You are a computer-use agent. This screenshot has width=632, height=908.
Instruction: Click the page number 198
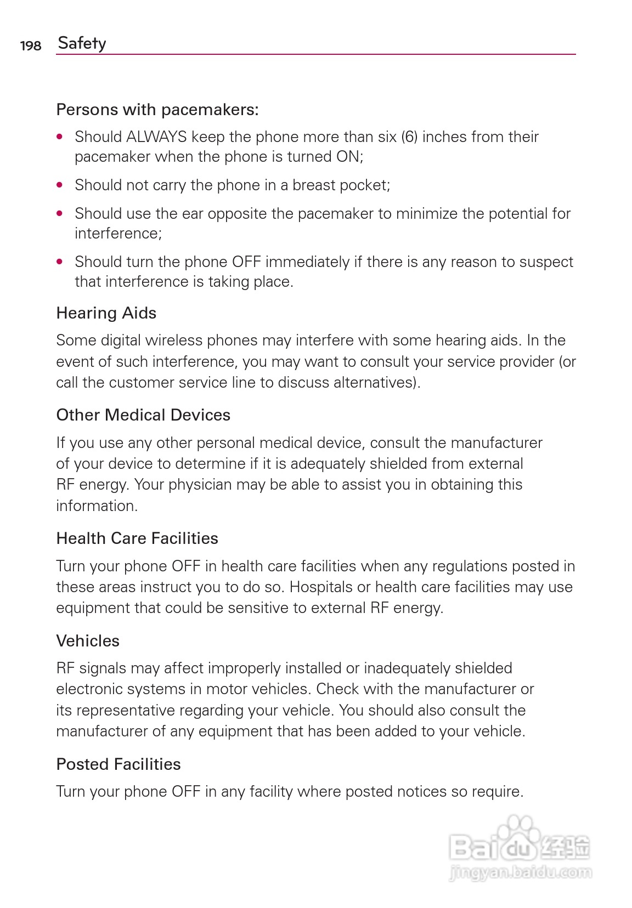pos(31,46)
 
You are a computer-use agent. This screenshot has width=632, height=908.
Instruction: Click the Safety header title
pos(82,43)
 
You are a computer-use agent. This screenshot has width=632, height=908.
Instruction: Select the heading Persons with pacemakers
pos(157,110)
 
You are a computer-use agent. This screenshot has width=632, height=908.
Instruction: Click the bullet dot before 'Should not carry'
pos(60,185)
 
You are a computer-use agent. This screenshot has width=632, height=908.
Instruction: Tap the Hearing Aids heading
pos(106,313)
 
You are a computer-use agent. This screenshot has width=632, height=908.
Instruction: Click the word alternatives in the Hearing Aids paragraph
pos(374,382)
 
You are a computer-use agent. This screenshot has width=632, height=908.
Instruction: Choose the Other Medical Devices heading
pos(143,415)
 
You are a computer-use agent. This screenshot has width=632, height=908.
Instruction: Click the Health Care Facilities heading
pos(137,538)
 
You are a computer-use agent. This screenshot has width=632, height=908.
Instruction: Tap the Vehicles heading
pos(88,641)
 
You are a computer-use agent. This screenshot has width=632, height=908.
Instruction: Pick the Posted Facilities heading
pos(119,764)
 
